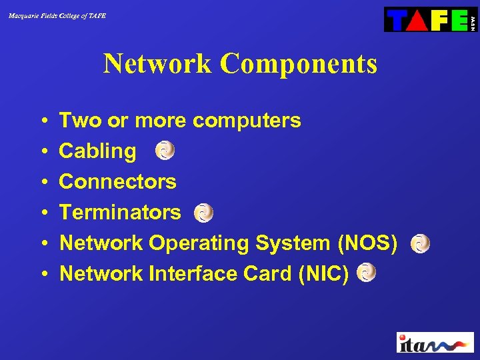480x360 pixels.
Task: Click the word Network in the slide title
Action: click(158, 64)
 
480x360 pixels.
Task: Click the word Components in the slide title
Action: click(298, 64)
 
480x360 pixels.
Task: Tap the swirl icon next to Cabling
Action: click(165, 151)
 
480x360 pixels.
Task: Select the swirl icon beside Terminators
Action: click(203, 213)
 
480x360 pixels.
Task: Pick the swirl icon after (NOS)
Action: click(420, 243)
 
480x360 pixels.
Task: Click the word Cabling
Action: click(97, 151)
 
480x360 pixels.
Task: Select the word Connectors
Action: click(117, 181)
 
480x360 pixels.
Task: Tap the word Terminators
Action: click(120, 212)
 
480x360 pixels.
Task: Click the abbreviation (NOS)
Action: click(368, 243)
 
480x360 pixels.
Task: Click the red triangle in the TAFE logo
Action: click(417, 20)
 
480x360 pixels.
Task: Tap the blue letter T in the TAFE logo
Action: click(397, 20)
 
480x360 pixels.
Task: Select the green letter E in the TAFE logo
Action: click(459, 20)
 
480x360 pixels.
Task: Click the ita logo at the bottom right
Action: click(435, 343)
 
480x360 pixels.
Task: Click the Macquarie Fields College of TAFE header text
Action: click(57, 15)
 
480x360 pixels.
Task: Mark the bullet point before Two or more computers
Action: click(42, 121)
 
